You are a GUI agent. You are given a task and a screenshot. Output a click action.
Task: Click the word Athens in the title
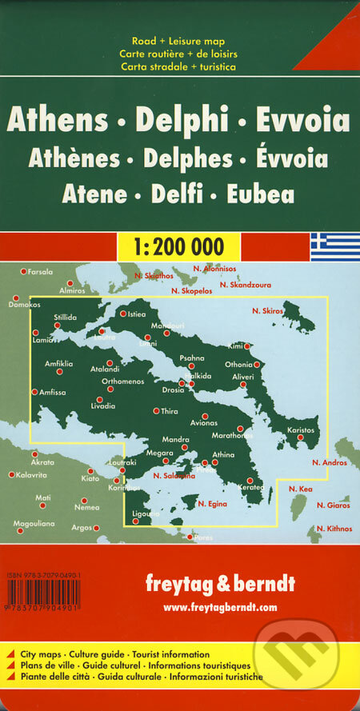pos(57,121)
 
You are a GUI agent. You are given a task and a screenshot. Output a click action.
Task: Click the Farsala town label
pos(39,273)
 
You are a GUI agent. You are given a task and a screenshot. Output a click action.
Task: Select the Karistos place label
pos(302,430)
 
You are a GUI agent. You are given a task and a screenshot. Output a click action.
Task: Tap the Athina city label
pos(223,454)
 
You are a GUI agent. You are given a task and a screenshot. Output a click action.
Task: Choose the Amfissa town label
pos(49,392)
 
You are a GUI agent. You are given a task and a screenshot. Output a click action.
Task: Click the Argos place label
pos(82,528)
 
